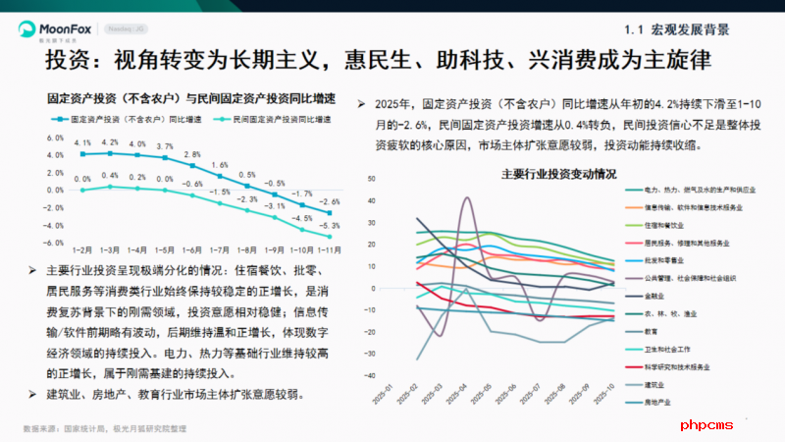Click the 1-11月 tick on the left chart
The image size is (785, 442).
pyautogui.click(x=329, y=250)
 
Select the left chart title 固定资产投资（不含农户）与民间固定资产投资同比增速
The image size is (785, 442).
pyautogui.click(x=191, y=99)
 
